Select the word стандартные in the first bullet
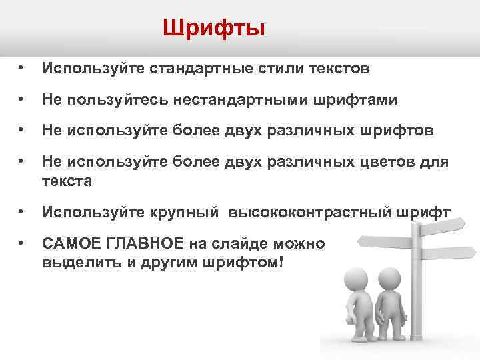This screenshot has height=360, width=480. (194, 68)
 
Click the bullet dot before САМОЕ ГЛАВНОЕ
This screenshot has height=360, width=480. (22, 244)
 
